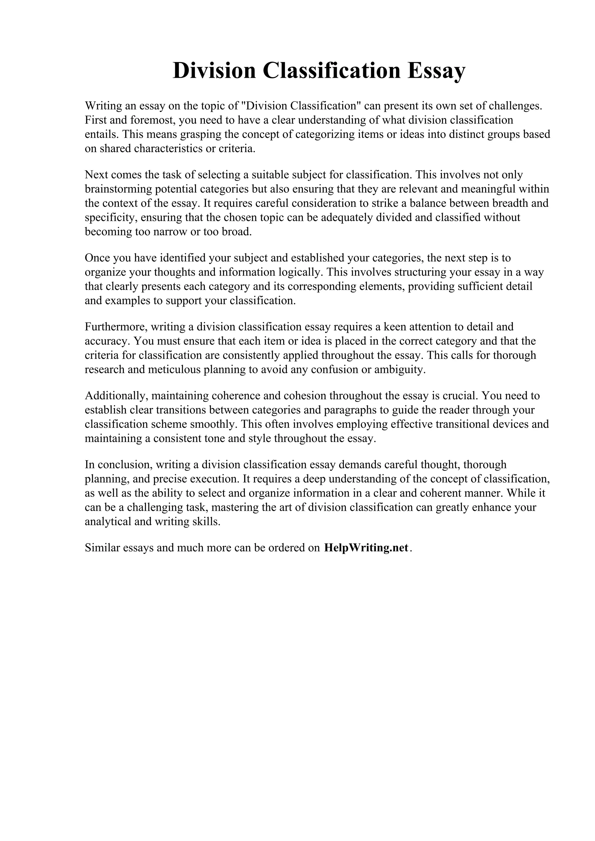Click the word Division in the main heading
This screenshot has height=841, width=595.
(214, 71)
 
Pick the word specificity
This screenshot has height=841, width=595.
(111, 218)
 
